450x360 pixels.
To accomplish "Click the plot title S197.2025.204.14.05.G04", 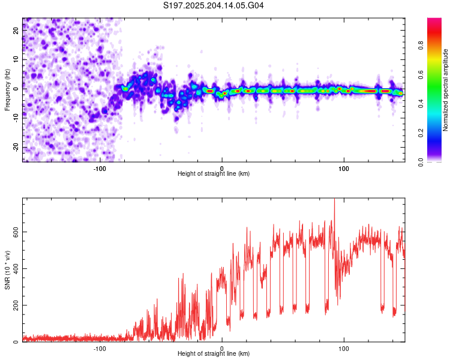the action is pyautogui.click(x=213, y=5).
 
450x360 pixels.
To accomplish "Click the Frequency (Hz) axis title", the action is pyautogui.click(x=7, y=90).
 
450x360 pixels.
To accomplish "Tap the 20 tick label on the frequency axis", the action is pyautogui.click(x=16, y=30).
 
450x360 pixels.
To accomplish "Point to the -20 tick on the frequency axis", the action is pyautogui.click(x=16, y=147).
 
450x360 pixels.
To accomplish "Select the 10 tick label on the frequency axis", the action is pyautogui.click(x=16, y=59).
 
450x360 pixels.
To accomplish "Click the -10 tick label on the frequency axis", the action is pyautogui.click(x=16, y=118).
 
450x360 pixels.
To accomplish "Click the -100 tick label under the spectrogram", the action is pyautogui.click(x=100, y=169).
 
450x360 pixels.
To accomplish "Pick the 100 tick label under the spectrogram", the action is pyautogui.click(x=344, y=169).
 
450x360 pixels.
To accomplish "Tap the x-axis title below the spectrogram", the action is pyautogui.click(x=214, y=173).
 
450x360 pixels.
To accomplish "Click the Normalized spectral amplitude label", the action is pyautogui.click(x=445, y=90).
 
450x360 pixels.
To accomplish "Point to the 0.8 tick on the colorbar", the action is pyautogui.click(x=421, y=46).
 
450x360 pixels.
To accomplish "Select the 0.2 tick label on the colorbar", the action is pyautogui.click(x=421, y=133).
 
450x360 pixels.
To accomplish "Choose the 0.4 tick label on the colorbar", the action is pyautogui.click(x=421, y=104).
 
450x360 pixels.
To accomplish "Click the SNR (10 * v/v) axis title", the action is pyautogui.click(x=7, y=270).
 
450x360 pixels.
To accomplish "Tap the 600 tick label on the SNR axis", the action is pyautogui.click(x=16, y=232).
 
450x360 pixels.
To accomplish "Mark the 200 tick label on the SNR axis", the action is pyautogui.click(x=16, y=305).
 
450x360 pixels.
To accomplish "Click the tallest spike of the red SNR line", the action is pyautogui.click(x=334, y=199).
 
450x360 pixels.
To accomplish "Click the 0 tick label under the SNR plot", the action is pyautogui.click(x=222, y=349).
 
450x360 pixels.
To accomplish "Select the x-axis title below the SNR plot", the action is pyautogui.click(x=214, y=353).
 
